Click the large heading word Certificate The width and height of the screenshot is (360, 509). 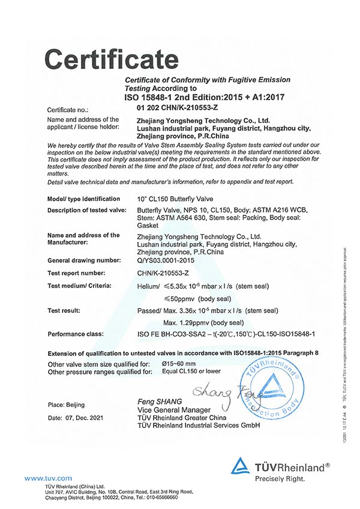click(x=108, y=59)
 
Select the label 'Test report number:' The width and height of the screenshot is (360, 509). click(x=76, y=273)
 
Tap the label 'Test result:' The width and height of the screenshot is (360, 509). click(x=64, y=310)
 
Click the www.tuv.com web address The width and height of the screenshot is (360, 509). click(x=48, y=478)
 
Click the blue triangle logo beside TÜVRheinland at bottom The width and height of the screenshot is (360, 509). click(x=240, y=466)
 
